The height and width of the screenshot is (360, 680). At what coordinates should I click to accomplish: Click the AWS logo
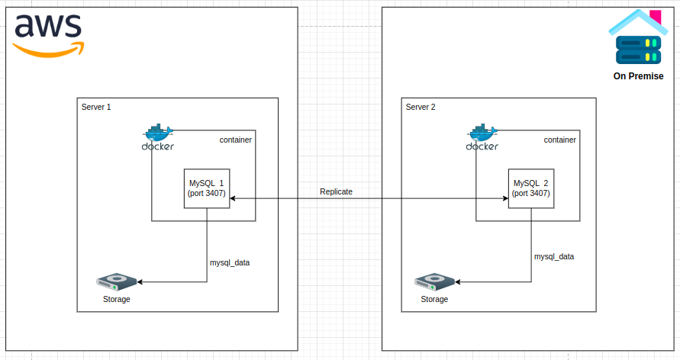click(48, 36)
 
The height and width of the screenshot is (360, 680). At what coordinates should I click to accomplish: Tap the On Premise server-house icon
click(638, 37)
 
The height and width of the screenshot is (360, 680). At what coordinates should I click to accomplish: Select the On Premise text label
click(638, 76)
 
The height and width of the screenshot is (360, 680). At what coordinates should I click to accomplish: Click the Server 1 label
click(96, 107)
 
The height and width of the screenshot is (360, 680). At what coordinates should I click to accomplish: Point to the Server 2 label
click(421, 107)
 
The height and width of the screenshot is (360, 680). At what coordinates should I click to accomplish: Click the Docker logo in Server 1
click(158, 137)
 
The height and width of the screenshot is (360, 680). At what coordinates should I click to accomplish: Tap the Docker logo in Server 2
click(482, 137)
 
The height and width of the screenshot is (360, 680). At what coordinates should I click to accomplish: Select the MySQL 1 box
click(207, 188)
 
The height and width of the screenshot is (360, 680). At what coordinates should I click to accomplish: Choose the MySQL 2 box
click(531, 188)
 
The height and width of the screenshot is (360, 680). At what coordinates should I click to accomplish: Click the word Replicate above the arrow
click(336, 191)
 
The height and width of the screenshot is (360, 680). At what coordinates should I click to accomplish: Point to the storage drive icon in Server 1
click(117, 282)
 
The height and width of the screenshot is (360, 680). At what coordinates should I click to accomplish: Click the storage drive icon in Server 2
click(434, 282)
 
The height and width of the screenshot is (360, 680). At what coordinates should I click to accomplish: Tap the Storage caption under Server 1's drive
click(117, 299)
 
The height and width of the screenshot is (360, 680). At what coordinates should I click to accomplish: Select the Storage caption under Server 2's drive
click(434, 299)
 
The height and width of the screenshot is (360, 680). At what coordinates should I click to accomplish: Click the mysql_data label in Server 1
click(230, 263)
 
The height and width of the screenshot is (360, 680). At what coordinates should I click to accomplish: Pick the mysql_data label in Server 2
click(554, 257)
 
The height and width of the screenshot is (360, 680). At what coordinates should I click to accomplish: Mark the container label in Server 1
click(236, 140)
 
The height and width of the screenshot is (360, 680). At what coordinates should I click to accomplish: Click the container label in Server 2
click(560, 140)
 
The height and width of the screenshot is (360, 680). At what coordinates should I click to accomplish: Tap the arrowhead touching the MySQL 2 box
click(506, 198)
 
